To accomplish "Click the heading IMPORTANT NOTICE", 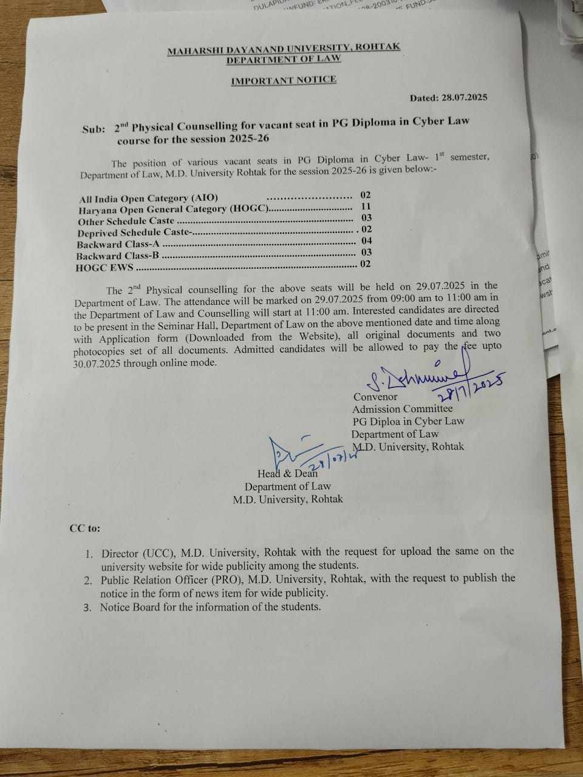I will (x=284, y=80).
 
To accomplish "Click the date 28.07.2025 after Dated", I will (x=465, y=97).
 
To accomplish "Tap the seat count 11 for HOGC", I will (x=366, y=206).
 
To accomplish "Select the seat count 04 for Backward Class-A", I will (x=366, y=241).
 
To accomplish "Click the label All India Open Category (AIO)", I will (x=148, y=198).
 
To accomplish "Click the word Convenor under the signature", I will (x=375, y=397).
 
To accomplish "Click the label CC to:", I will (x=85, y=528).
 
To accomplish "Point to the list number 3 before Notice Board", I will (x=87, y=607).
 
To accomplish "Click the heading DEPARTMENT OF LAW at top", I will (x=284, y=59).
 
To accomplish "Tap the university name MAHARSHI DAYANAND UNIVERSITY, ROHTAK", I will (x=284, y=49).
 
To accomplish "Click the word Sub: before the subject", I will (x=94, y=129).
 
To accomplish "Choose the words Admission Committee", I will (x=402, y=409).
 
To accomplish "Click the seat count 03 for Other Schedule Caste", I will (x=366, y=218).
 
